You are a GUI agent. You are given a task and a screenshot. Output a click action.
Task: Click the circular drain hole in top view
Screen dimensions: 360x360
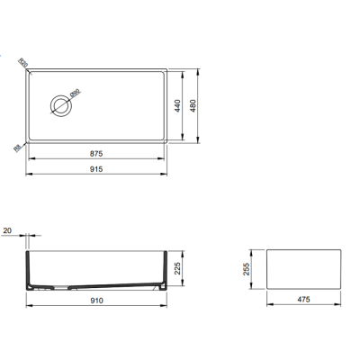(62, 105)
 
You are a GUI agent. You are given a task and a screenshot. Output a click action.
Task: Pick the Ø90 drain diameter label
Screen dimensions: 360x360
(76, 93)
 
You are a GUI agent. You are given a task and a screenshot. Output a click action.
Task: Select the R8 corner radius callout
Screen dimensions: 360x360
(18, 148)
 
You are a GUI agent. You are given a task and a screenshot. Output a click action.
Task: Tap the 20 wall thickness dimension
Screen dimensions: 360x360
(8, 231)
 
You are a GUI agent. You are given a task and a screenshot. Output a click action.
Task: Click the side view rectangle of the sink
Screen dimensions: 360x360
(304, 269)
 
